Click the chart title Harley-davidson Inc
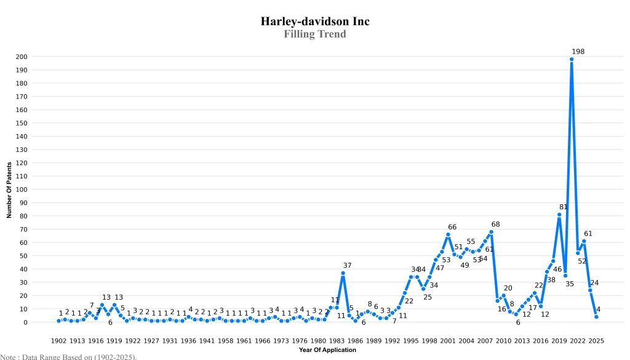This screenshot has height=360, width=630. tap(315, 21)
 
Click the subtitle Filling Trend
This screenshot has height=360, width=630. tap(315, 34)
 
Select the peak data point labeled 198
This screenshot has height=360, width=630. tap(572, 59)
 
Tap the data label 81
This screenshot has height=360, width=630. tap(564, 207)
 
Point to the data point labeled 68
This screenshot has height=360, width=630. tap(491, 232)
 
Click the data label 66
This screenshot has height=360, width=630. tap(452, 227)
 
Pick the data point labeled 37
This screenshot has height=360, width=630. tap(343, 273)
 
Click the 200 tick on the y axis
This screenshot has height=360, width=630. tap(22, 57)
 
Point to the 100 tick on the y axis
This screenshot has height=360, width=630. tap(22, 190)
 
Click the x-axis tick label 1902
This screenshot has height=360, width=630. tap(58, 340)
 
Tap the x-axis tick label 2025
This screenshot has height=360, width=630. tap(596, 340)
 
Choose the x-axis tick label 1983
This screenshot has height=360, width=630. tap(337, 340)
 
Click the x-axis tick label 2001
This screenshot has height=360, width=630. tap(448, 340)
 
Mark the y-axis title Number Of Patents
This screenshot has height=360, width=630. tap(9, 190)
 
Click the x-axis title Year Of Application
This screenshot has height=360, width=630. tap(327, 350)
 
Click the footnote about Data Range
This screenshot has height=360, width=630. tap(68, 356)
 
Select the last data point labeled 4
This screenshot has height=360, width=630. tap(596, 317)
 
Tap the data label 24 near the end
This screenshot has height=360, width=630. tap(594, 283)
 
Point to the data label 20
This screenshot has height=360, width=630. tap(508, 288)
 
